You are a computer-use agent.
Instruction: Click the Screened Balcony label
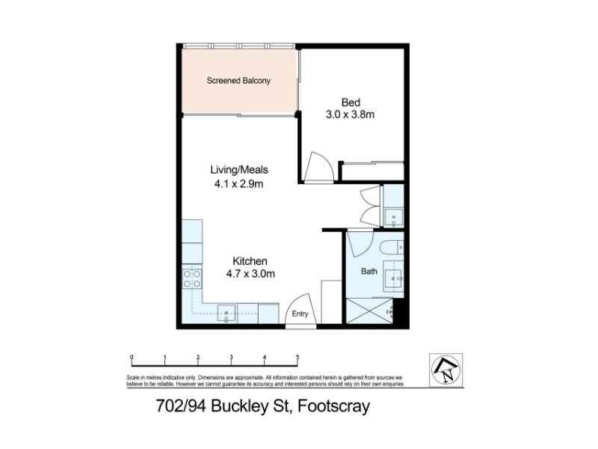pyautogui.click(x=238, y=81)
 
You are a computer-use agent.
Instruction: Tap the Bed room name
pyautogui.click(x=351, y=103)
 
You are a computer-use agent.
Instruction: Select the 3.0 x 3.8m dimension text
pyautogui.click(x=350, y=114)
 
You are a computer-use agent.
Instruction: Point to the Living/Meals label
pyautogui.click(x=239, y=170)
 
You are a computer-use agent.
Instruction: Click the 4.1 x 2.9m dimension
pyautogui.click(x=238, y=184)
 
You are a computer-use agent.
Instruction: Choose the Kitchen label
pyautogui.click(x=250, y=261)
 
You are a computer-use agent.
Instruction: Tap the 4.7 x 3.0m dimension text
pyautogui.click(x=250, y=274)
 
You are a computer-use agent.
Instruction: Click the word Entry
pyautogui.click(x=300, y=314)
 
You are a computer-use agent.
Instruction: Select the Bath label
pyautogui.click(x=369, y=271)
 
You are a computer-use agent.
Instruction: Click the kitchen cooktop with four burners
pyautogui.click(x=192, y=278)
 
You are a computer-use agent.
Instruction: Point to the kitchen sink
pyautogui.click(x=226, y=313)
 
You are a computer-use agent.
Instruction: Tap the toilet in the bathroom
pyautogui.click(x=392, y=248)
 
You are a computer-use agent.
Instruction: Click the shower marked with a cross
pyautogui.click(x=369, y=311)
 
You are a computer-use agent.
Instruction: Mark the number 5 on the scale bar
pyautogui.click(x=298, y=358)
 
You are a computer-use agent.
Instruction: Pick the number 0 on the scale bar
pyautogui.click(x=132, y=358)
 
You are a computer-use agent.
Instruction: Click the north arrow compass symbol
pyautogui.click(x=446, y=370)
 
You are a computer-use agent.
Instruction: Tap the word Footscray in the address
pyautogui.click(x=333, y=406)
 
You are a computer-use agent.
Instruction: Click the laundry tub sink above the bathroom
pyautogui.click(x=393, y=218)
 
